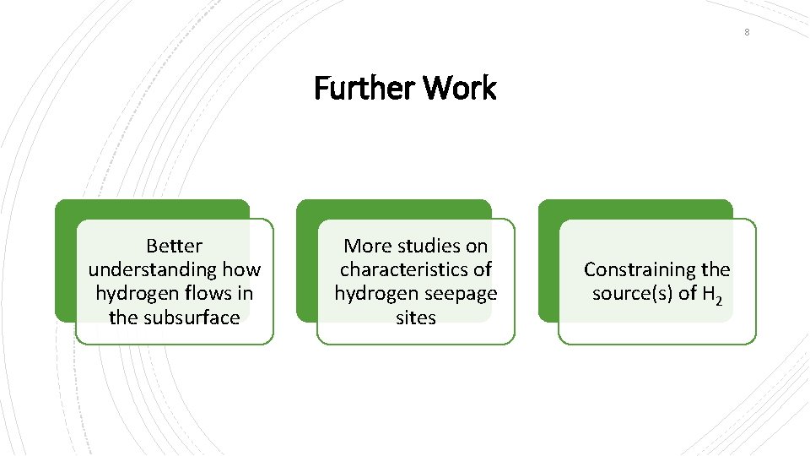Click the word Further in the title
click(x=364, y=87)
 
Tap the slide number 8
click(x=747, y=32)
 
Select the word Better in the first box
click(x=175, y=246)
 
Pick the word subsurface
click(x=191, y=318)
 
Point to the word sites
click(x=416, y=318)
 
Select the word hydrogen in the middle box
click(x=372, y=294)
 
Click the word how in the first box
click(x=242, y=269)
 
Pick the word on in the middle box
click(x=477, y=246)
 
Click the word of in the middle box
click(x=483, y=269)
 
